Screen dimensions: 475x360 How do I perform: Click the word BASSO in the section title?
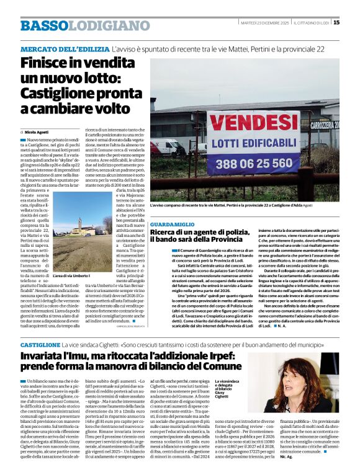tap(43, 25)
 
